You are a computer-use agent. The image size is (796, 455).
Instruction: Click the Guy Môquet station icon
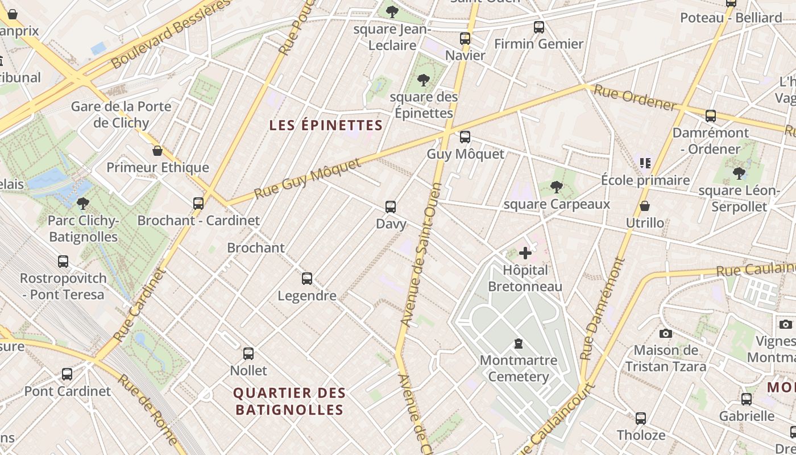pos(465,136)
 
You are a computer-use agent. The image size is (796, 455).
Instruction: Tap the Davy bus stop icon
pos(391,206)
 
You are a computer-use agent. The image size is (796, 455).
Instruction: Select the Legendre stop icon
pos(307,278)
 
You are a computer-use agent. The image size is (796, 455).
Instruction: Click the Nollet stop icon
pos(248,353)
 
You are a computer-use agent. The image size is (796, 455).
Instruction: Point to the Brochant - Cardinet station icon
pos(198,203)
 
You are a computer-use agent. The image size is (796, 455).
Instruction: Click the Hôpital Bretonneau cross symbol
pos(525,253)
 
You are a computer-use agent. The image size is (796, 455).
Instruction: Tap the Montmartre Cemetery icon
pos(519,343)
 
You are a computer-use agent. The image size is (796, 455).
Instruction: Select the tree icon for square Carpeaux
pos(557,187)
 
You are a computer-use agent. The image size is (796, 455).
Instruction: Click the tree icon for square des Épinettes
pos(423,80)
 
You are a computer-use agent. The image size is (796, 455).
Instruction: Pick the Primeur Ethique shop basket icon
pos(157,151)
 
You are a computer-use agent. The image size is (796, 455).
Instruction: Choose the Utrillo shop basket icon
pos(645,205)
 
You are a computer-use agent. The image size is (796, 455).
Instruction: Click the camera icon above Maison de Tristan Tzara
pos(666,333)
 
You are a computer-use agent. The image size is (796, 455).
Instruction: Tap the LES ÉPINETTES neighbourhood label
pos(326,125)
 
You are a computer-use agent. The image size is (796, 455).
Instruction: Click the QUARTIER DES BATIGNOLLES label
pos(289,401)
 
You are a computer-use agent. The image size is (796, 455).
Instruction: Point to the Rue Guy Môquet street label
pos(307,179)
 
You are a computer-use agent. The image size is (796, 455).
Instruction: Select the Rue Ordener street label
pos(634,97)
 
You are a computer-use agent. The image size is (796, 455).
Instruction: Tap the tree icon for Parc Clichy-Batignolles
pos(83,203)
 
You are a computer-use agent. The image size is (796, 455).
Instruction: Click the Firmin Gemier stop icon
pos(538,27)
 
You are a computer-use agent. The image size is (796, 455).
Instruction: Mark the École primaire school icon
pos(645,163)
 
